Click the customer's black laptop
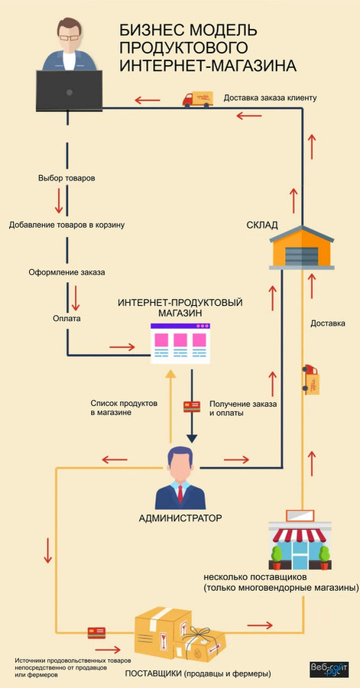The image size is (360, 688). click(x=69, y=90)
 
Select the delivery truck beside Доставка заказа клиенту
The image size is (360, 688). click(x=196, y=99)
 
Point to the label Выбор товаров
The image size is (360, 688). click(x=66, y=178)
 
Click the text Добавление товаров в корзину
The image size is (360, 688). click(x=66, y=226)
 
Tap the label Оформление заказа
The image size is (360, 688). click(x=66, y=272)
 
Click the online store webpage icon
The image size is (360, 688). click(x=180, y=342)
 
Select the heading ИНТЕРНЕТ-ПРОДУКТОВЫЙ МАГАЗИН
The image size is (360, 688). click(x=180, y=308)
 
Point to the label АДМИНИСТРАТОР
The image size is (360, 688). click(x=180, y=518)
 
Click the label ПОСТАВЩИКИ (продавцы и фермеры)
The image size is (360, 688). click(x=198, y=673)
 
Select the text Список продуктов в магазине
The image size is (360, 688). click(x=123, y=407)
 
